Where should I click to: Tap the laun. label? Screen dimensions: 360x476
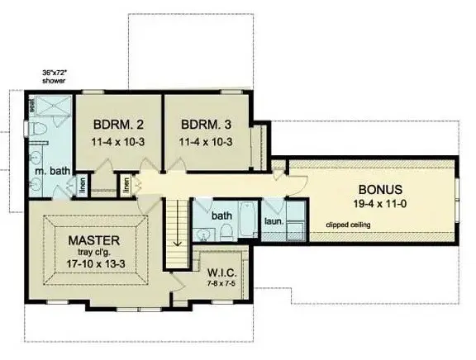[274, 222]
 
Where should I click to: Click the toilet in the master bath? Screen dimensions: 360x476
[38, 131]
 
